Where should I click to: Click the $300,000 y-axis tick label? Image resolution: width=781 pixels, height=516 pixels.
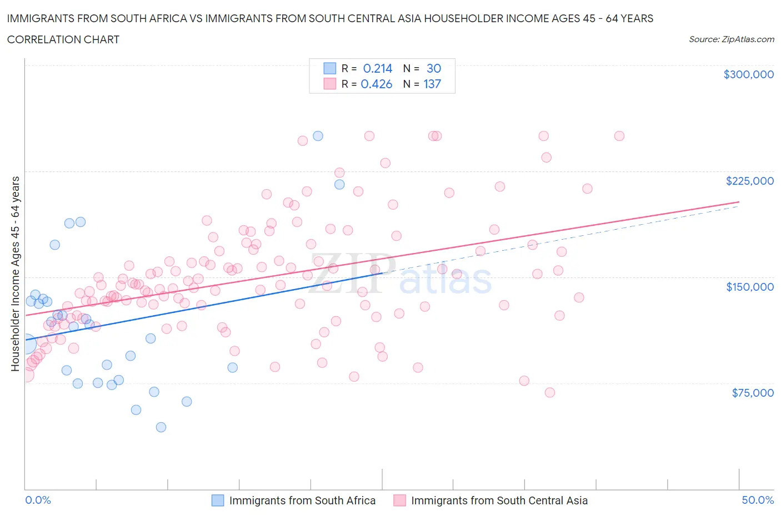(748, 74)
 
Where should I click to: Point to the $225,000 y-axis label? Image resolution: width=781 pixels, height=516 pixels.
(749, 181)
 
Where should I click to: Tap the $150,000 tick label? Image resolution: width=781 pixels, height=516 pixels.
(749, 287)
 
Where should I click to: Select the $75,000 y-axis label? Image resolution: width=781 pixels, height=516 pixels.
(753, 393)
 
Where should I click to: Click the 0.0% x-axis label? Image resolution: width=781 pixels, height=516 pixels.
(38, 500)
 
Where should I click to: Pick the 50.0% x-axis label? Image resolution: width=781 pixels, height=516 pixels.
(758, 500)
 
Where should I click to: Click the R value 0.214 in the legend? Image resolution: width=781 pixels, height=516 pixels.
(377, 68)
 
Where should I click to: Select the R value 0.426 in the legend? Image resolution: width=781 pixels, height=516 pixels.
(376, 84)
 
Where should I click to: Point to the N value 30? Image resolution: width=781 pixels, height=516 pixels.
(433, 68)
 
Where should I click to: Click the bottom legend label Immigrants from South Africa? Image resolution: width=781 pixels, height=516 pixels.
(302, 500)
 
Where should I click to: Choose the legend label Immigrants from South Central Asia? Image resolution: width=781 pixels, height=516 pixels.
(499, 500)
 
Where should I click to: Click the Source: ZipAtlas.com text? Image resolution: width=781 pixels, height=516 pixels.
(731, 39)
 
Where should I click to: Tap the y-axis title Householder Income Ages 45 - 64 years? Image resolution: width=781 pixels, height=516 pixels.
(16, 274)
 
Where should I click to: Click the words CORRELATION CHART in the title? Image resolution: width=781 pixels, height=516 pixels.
(63, 39)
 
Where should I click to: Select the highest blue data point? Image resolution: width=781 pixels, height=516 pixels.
(318, 136)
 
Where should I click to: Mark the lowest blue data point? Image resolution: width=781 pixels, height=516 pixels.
(161, 427)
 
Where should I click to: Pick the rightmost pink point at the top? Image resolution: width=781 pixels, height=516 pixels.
(619, 136)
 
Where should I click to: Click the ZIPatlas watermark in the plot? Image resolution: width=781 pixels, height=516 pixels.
(400, 275)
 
